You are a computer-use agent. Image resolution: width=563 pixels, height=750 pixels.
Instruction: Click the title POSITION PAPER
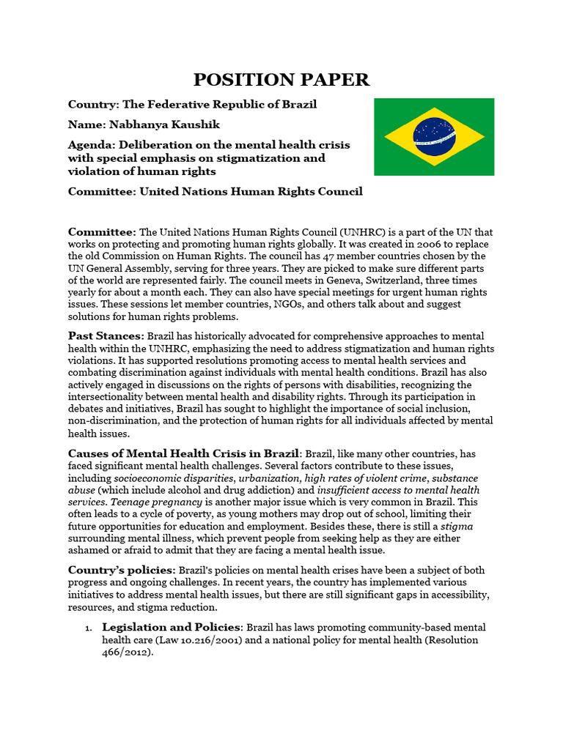[281, 80]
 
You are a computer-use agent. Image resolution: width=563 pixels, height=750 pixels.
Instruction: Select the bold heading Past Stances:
[106, 335]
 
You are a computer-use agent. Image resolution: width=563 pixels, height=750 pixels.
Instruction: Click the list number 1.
[87, 628]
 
